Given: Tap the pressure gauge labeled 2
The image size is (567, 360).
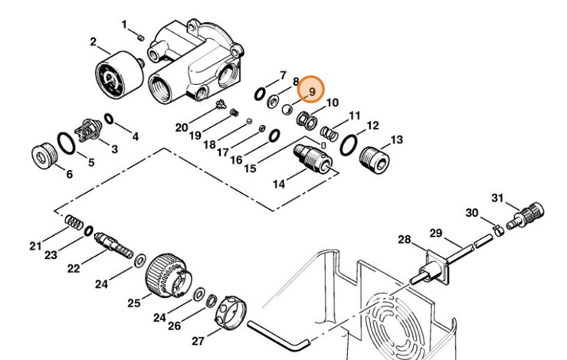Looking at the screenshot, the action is pos(120,74).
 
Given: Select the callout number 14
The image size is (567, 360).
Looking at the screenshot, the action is pos(279,184).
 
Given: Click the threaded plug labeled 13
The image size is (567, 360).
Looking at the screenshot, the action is pos(374,160).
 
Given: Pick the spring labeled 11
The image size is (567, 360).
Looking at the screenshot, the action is pos(329,133).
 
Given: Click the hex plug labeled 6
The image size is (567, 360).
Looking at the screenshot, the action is pos(43,155).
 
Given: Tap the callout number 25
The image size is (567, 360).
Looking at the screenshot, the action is pos(134,303).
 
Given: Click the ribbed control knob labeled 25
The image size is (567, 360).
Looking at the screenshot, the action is pos(169,277).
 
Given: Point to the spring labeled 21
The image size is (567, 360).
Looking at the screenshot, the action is pos(74,222).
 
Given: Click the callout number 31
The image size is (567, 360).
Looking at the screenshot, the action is pos(497,198).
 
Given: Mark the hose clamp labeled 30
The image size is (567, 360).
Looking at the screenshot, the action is pos(499,230).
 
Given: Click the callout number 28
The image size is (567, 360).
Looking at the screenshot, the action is pos(405,239).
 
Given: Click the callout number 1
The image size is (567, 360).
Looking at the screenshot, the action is pos(124,25).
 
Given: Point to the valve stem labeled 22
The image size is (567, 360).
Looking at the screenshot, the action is pos(113,244).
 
